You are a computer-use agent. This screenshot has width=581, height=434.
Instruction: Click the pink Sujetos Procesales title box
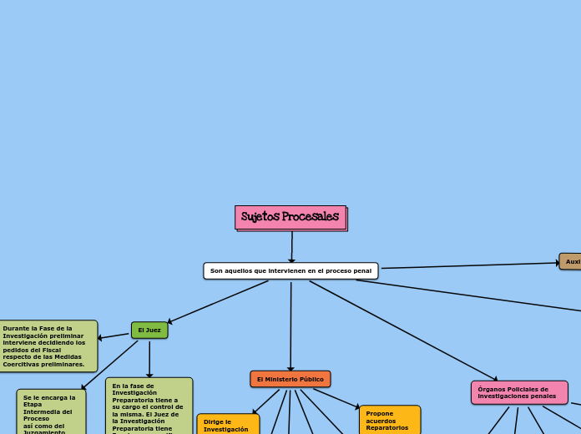290,218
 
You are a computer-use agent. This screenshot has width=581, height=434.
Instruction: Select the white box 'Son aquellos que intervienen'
290,271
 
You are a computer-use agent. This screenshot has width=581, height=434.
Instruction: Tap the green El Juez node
149,331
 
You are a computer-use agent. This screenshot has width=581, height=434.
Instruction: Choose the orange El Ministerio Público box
290,379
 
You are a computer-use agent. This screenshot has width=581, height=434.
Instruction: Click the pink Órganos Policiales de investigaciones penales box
518,392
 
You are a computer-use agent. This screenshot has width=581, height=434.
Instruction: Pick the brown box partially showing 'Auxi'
571,261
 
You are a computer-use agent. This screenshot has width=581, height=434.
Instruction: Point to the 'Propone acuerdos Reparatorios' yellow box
389,420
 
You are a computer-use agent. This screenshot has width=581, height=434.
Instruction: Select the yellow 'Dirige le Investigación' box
227,424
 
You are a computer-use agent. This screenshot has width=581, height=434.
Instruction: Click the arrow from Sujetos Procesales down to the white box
291,247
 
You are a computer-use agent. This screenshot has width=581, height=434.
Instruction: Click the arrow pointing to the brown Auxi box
467,265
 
